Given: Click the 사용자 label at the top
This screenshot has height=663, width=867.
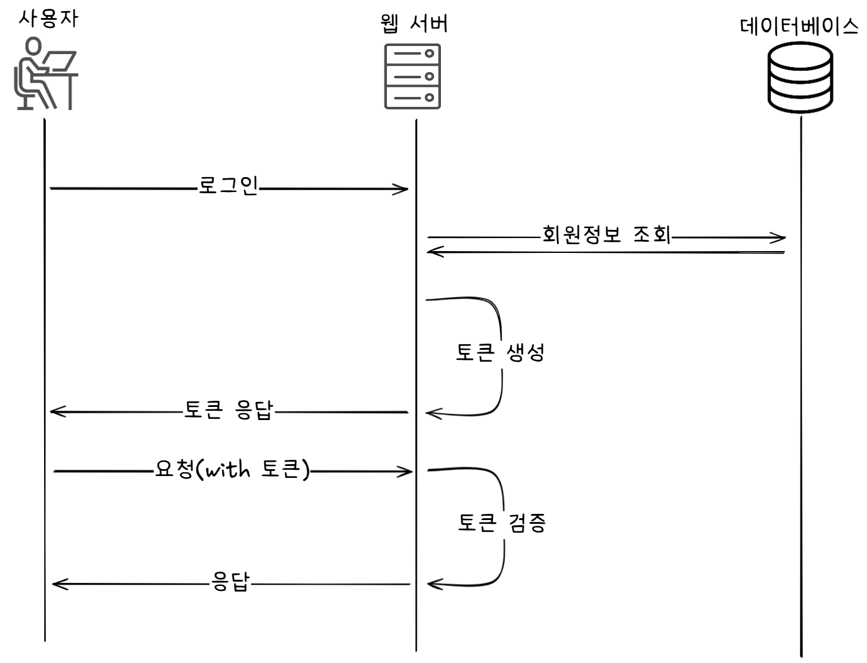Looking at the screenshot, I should (x=48, y=19).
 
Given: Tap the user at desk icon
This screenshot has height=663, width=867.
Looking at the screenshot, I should (x=45, y=73).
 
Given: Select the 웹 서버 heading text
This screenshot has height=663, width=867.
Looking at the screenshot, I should (x=414, y=24).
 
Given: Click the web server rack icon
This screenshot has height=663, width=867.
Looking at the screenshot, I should (x=412, y=76).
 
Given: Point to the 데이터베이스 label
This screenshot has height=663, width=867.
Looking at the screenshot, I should (x=800, y=27).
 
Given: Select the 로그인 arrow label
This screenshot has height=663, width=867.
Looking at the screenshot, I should (x=228, y=186).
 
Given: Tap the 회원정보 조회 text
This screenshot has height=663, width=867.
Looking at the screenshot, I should (x=606, y=234).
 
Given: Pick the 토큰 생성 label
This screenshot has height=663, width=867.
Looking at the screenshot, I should (x=501, y=353).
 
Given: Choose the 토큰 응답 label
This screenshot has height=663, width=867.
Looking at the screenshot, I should (x=229, y=410).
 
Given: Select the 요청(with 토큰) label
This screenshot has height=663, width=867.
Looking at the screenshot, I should (x=232, y=469).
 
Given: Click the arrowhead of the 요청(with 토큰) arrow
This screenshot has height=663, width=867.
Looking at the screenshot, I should (x=408, y=472).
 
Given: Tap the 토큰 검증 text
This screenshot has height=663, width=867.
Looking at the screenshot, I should (x=502, y=523).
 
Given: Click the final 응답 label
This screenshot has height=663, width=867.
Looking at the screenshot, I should (x=230, y=582).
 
